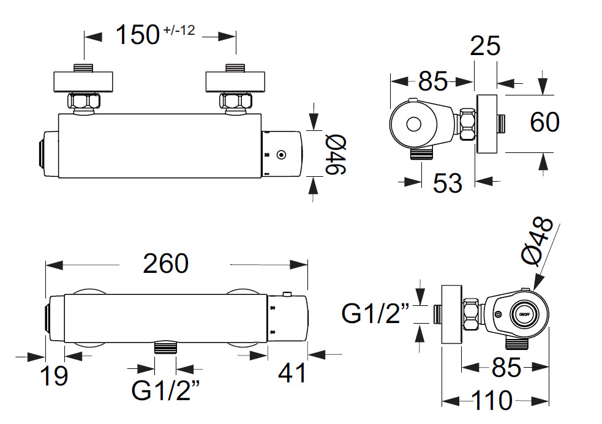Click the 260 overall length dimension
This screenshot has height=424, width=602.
point(165,264)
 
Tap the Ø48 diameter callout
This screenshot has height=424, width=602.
point(540,242)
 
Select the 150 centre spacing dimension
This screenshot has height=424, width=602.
point(138,35)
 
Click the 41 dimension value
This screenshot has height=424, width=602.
point(292,373)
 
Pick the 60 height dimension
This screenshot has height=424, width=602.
point(544,122)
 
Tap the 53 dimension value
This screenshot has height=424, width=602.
point(447,183)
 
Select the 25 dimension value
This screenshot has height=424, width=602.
point(485,46)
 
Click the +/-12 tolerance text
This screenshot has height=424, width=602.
point(179,29)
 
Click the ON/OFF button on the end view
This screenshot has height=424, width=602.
point(524,314)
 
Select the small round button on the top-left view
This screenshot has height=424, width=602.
point(281,155)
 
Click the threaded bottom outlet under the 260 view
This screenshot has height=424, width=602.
point(165,348)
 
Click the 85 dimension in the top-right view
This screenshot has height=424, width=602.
point(432,80)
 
